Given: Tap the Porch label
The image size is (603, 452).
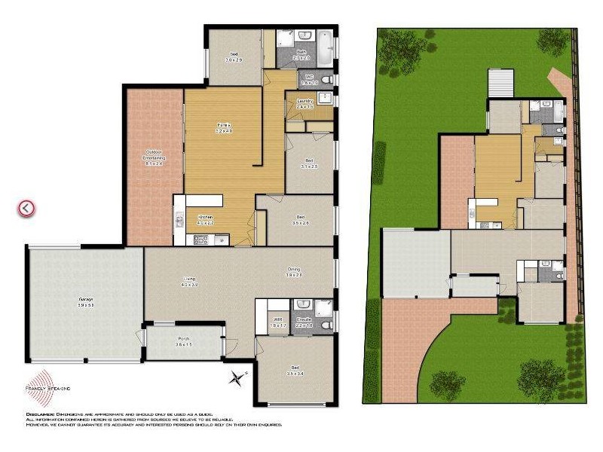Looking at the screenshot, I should pyautogui.click(x=184, y=340).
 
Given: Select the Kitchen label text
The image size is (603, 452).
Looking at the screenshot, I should pyautogui.click(x=206, y=219).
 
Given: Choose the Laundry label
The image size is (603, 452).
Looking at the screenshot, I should pyautogui.click(x=305, y=103).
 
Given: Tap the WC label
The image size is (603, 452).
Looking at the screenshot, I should pyautogui.click(x=309, y=78).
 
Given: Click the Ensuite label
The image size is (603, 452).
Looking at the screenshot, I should pyautogui.click(x=304, y=322).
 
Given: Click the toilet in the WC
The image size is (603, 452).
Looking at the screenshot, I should pyautogui.click(x=326, y=78).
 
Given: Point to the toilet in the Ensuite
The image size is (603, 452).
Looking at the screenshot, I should pyautogui.click(x=326, y=325).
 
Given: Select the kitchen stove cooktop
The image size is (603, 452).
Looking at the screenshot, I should pyautogui.click(x=201, y=240).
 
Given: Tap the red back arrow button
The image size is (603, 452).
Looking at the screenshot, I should pyautogui.click(x=27, y=208).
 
